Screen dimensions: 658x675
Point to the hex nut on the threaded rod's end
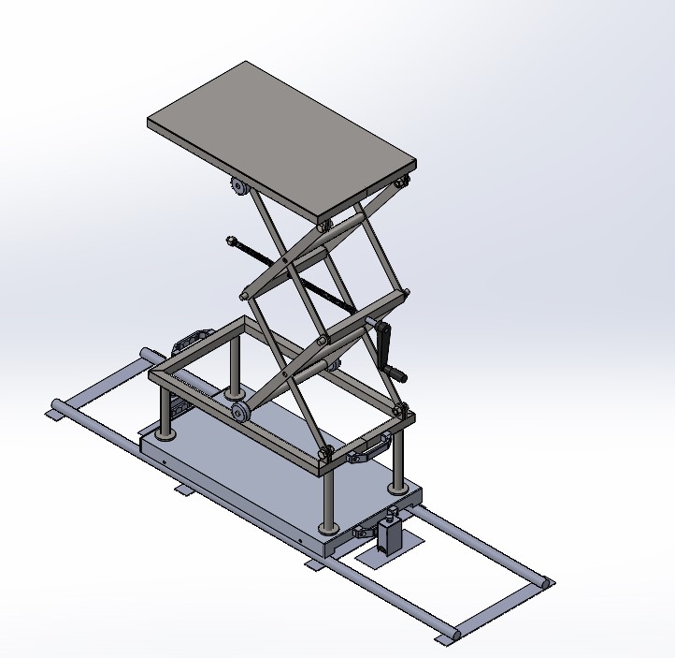click(228, 241)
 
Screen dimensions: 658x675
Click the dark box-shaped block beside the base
click(389, 534)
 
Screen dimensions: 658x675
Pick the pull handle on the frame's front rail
click(367, 450)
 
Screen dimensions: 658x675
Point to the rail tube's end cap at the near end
click(445, 636)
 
